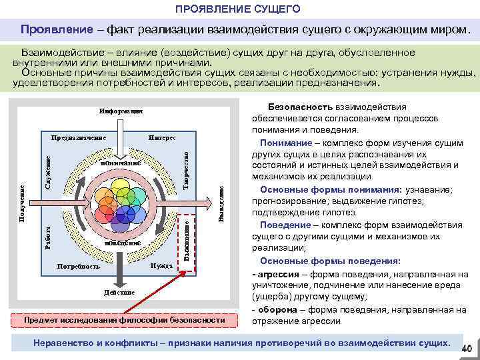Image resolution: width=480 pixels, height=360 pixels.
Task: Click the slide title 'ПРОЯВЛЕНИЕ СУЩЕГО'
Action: pos(238,9)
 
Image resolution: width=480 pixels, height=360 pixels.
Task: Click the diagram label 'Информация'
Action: pos(120,111)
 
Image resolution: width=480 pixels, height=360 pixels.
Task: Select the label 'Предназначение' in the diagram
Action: pos(79,137)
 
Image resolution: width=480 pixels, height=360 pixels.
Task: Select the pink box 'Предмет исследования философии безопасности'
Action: pos(124,320)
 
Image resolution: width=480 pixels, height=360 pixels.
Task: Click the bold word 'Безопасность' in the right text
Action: pos(295,106)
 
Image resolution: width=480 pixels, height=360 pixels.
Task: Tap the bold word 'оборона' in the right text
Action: pos(278,309)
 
